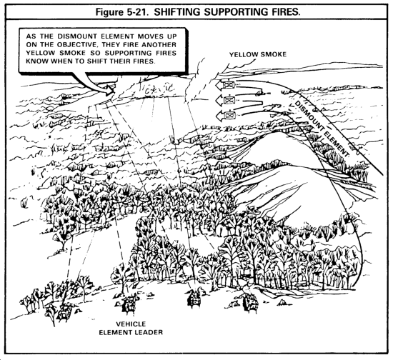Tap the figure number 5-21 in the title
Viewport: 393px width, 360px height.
click(137, 11)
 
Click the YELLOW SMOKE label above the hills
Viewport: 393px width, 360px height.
click(258, 54)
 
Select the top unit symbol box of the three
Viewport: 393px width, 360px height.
click(229, 85)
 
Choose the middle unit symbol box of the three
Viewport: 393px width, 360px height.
click(229, 100)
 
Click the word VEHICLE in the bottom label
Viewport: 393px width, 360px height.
click(131, 324)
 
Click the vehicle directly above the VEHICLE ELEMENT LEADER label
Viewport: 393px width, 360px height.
click(129, 304)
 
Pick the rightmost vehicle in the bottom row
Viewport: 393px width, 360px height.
click(250, 301)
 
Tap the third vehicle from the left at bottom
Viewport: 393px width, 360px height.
click(194, 298)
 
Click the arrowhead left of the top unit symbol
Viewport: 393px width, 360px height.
click(219, 85)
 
